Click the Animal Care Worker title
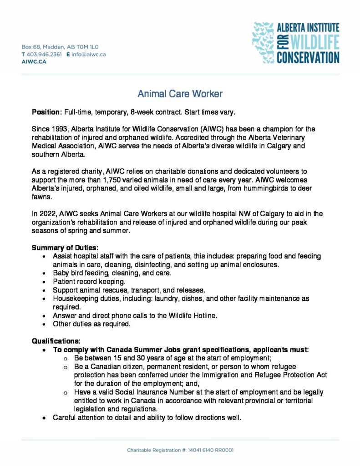[x=180, y=94]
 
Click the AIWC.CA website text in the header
[x=34, y=61]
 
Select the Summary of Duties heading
[x=65, y=248]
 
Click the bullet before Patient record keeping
[x=43, y=282]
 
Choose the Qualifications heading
[x=56, y=341]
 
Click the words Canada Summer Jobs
[x=139, y=350]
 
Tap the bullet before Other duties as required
[x=43, y=324]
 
